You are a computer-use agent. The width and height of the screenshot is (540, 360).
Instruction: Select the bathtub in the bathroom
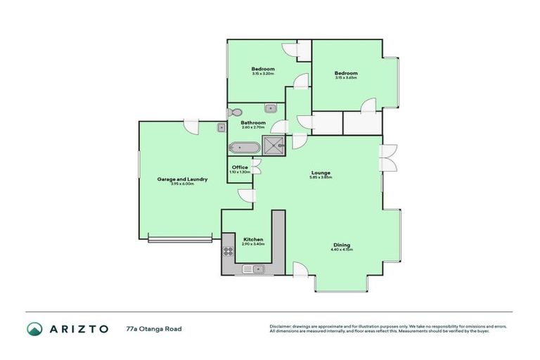pyautogui.click(x=243, y=148)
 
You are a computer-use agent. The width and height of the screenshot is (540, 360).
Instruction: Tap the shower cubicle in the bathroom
pyautogui.click(x=274, y=146)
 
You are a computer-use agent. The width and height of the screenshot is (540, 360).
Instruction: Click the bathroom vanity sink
pyautogui.click(x=270, y=108)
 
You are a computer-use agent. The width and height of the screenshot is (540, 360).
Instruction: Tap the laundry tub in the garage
pyautogui.click(x=221, y=128)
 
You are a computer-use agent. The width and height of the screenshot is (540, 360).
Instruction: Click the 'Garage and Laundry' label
pyautogui.click(x=182, y=179)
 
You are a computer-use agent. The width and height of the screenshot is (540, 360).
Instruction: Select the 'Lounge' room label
pyautogui.click(x=321, y=173)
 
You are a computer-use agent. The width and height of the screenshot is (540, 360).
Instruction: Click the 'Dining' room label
pyautogui.click(x=341, y=245)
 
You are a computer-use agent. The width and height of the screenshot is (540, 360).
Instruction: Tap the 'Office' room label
pyautogui.click(x=240, y=167)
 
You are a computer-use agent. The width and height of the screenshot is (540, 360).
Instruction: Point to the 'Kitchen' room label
pyautogui.click(x=253, y=239)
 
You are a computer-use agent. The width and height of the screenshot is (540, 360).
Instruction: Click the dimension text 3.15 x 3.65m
pyautogui.click(x=346, y=78)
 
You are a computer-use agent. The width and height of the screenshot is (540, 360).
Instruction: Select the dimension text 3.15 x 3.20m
pyautogui.click(x=263, y=73)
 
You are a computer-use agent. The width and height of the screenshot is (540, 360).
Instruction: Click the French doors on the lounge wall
pyautogui.click(x=388, y=157)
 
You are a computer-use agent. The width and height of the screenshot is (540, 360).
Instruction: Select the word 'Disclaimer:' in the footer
pyautogui.click(x=279, y=326)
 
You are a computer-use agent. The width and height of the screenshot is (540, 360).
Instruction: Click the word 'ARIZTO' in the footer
pyautogui.click(x=79, y=328)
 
